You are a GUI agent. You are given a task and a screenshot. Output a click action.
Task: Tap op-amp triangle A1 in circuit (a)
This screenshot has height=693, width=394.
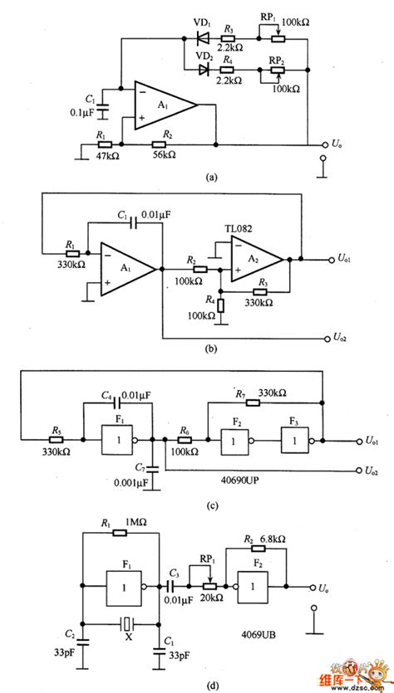[x=163, y=105]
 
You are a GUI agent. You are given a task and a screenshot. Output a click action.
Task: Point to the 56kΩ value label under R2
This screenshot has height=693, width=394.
[x=166, y=154]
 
